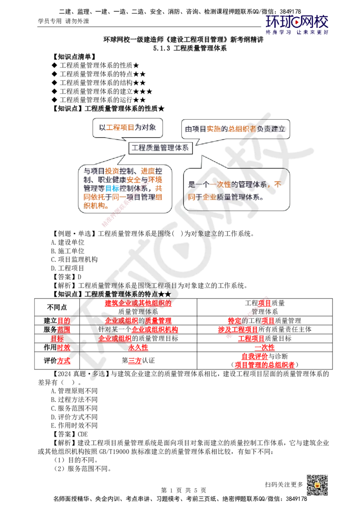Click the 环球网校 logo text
[297, 21]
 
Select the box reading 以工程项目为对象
[128, 127]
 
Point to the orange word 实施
[213, 129]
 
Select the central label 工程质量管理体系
[160, 147]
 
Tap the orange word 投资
[112, 171]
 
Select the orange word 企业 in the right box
[209, 197]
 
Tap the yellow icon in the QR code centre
[317, 485]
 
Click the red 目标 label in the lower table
[57, 338]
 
